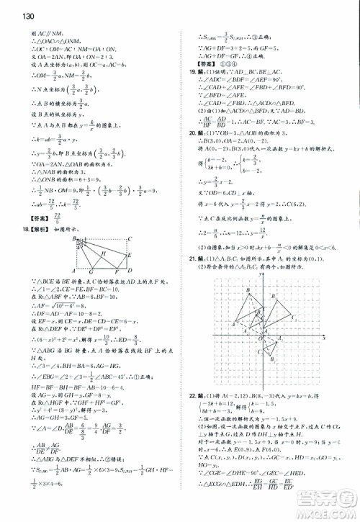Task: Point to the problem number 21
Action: (192, 257)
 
